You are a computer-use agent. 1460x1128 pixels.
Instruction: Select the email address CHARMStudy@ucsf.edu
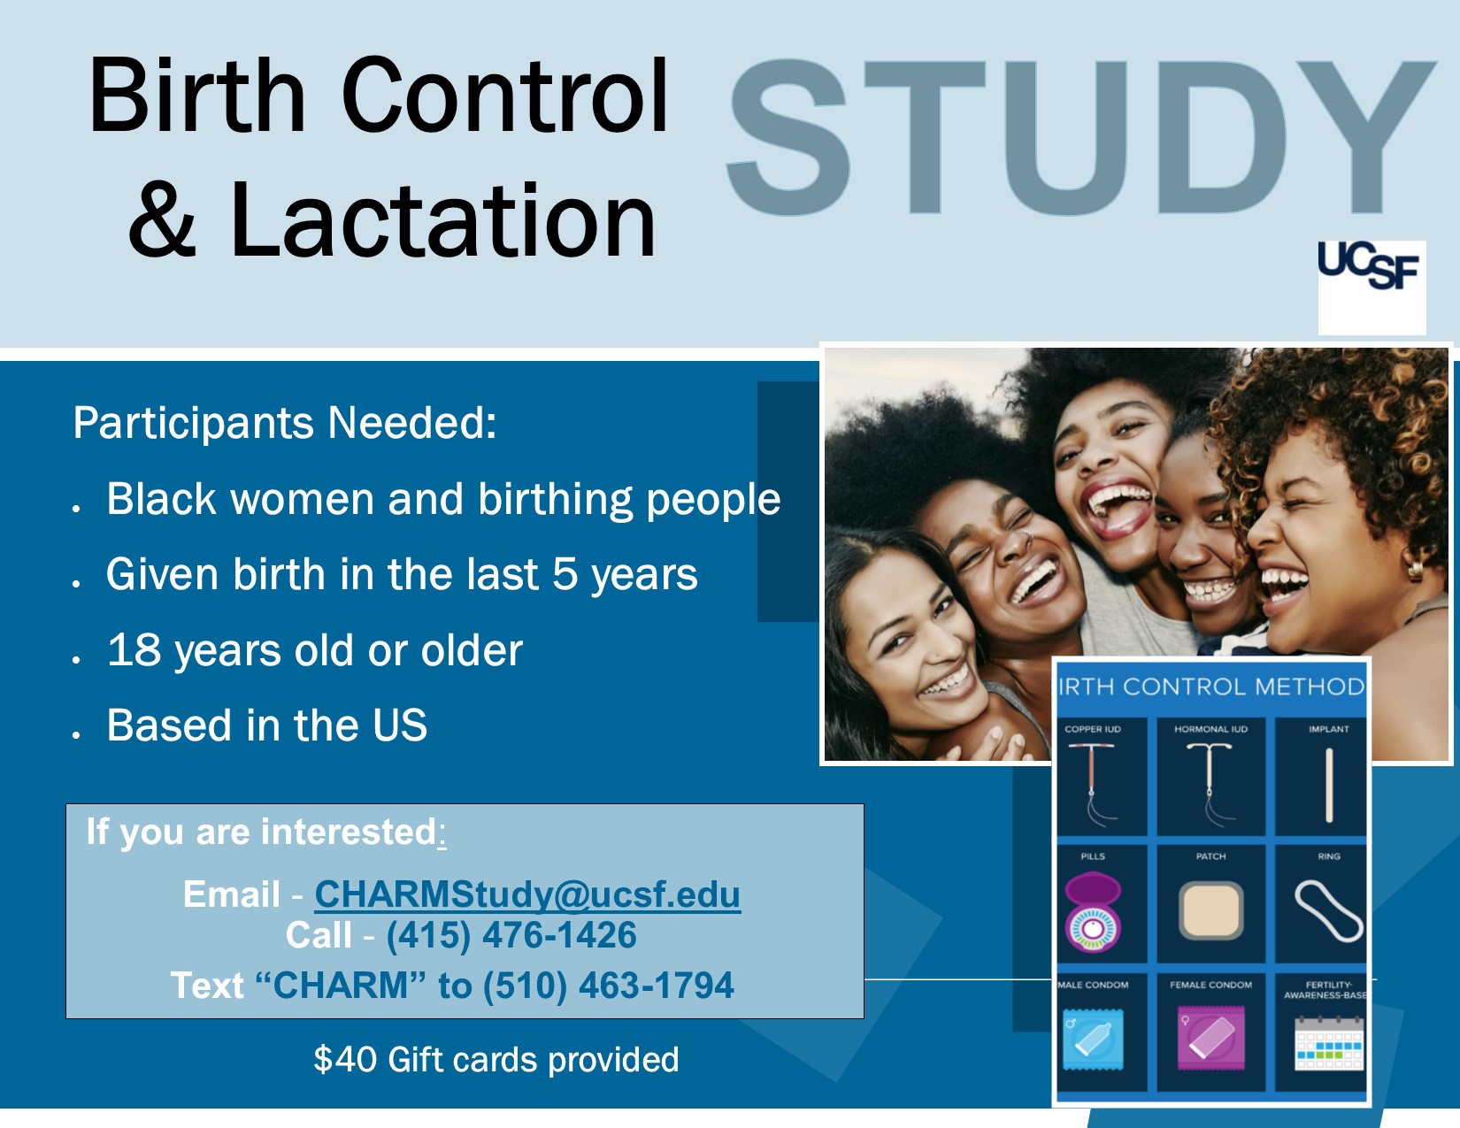pyautogui.click(x=527, y=894)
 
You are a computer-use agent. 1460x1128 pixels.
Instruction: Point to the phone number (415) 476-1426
pyautogui.click(x=511, y=935)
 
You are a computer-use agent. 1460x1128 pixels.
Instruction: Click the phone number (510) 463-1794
pyautogui.click(x=608, y=986)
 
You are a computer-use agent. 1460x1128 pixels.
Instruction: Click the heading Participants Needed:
pyautogui.click(x=285, y=423)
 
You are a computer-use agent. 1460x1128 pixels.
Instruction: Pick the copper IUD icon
pyautogui.click(x=1092, y=785)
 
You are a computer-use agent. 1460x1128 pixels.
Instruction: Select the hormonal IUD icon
pyautogui.click(x=1210, y=785)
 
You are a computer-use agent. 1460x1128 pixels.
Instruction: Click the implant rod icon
pyautogui.click(x=1329, y=786)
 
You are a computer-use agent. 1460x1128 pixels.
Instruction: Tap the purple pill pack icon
pyautogui.click(x=1093, y=911)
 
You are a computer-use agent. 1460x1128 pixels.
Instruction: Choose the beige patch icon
pyautogui.click(x=1210, y=911)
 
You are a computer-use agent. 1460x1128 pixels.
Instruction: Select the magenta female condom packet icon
pyautogui.click(x=1210, y=1038)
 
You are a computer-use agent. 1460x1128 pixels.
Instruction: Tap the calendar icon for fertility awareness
pyautogui.click(x=1329, y=1043)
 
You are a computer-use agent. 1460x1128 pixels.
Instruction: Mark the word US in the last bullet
pyautogui.click(x=401, y=725)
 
